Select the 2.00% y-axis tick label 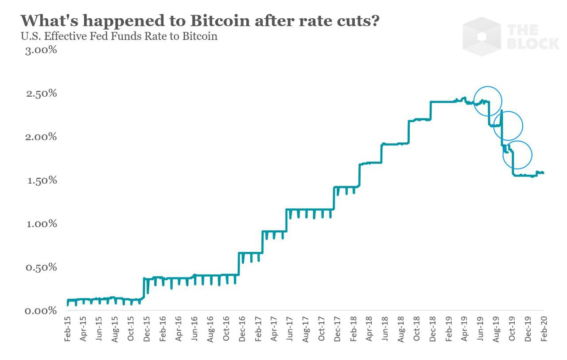(40, 137)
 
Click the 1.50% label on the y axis (40, 180)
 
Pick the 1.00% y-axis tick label (40, 223)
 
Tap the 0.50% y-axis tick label (40, 267)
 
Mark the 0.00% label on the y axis (40, 310)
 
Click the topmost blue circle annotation (488, 101)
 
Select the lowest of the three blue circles (517, 155)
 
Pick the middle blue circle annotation (508, 126)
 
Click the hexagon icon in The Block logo (482, 36)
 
